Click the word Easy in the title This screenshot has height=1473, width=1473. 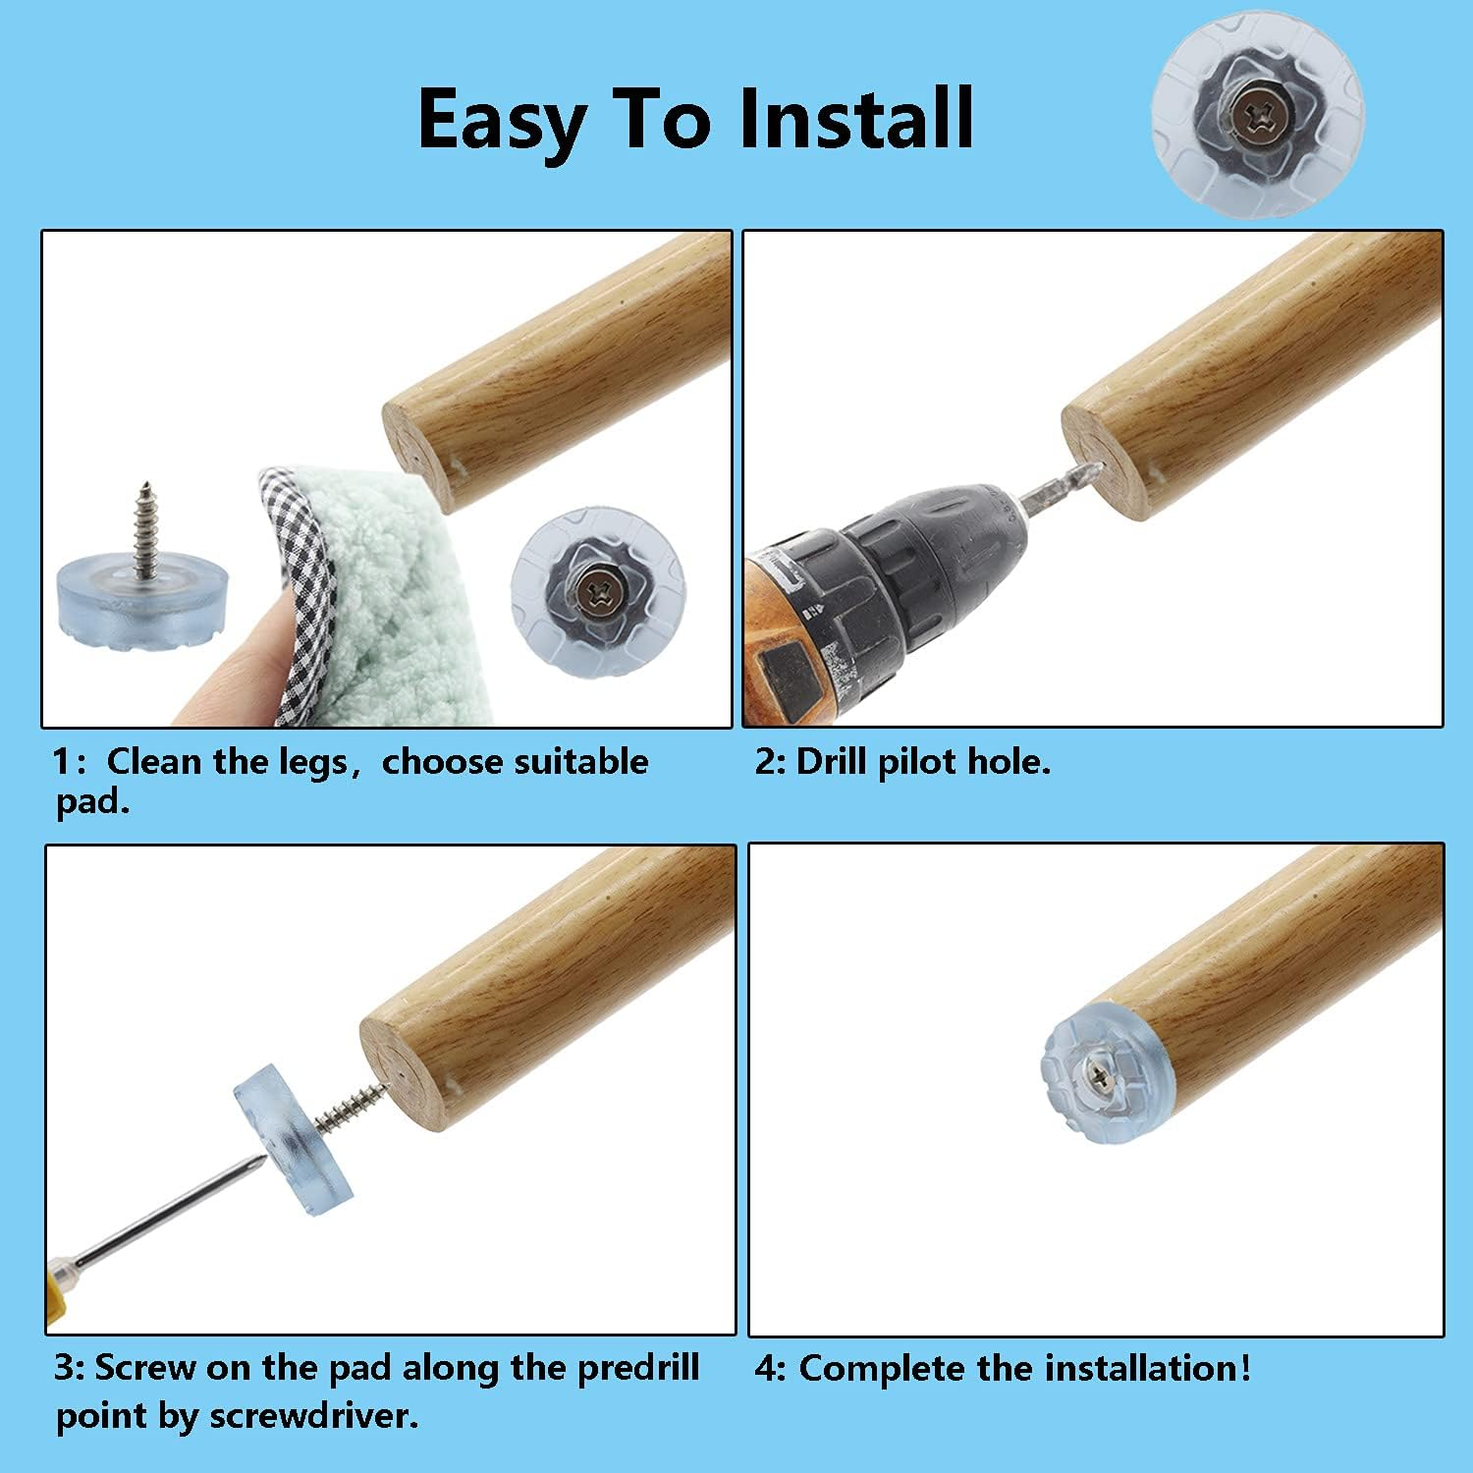502,120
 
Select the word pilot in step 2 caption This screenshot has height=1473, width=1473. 917,762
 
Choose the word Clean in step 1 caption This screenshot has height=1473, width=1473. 152,762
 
